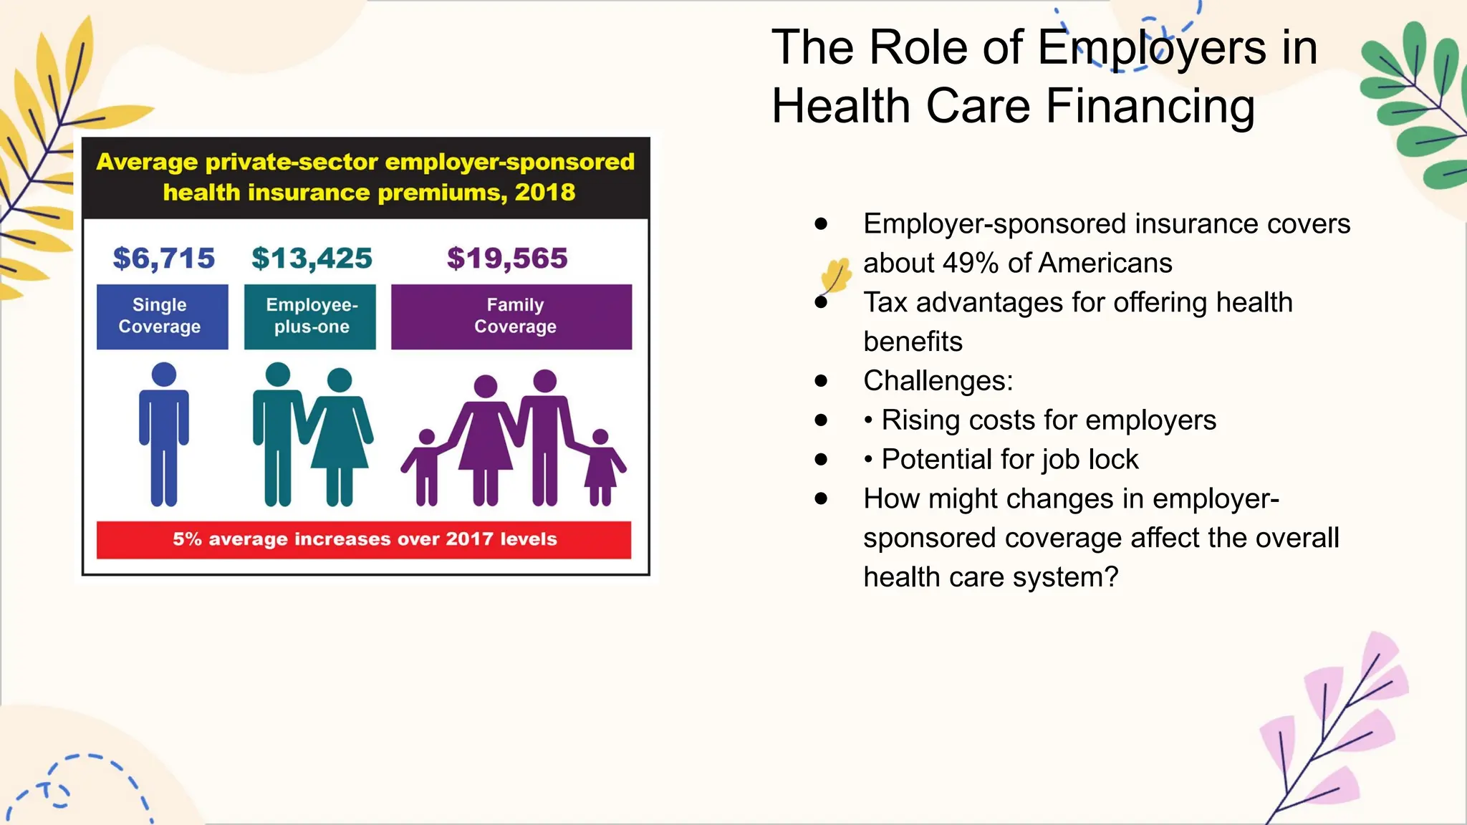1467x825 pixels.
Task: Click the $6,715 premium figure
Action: pyautogui.click(x=163, y=259)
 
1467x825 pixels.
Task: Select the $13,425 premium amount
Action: pyautogui.click(x=312, y=259)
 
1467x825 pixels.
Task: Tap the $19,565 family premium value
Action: pyautogui.click(x=507, y=259)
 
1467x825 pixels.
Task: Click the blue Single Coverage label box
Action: pyautogui.click(x=162, y=317)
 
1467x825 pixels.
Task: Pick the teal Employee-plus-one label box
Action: pyautogui.click(x=310, y=317)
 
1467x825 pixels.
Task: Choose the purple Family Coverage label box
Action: pyautogui.click(x=511, y=317)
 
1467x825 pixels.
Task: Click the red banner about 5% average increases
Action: pyautogui.click(x=364, y=539)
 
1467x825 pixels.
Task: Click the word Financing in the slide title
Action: pyautogui.click(x=1150, y=107)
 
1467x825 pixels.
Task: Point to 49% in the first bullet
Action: pyautogui.click(x=971, y=264)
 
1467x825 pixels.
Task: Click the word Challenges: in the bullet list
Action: pyautogui.click(x=938, y=381)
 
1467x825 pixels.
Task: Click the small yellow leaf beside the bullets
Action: pyautogui.click(x=836, y=276)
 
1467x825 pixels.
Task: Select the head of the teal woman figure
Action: pyautogui.click(x=340, y=380)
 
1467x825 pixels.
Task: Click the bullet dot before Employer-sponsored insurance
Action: pyautogui.click(x=821, y=224)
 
